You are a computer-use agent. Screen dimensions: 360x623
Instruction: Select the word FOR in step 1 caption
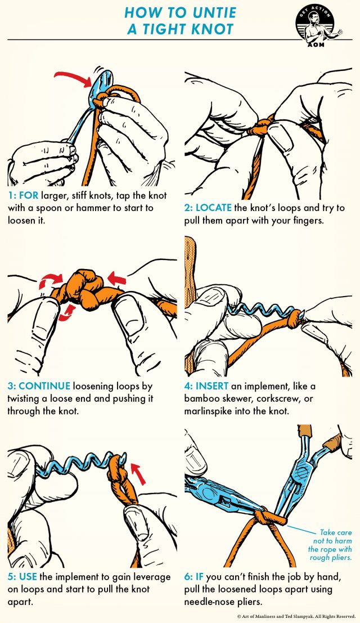click(29, 195)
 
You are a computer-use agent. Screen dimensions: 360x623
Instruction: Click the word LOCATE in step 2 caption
click(214, 208)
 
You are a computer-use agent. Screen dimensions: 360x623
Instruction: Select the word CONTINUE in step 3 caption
click(44, 386)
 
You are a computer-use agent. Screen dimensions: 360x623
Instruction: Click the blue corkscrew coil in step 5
click(79, 463)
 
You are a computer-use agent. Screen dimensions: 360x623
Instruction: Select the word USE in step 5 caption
click(28, 576)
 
